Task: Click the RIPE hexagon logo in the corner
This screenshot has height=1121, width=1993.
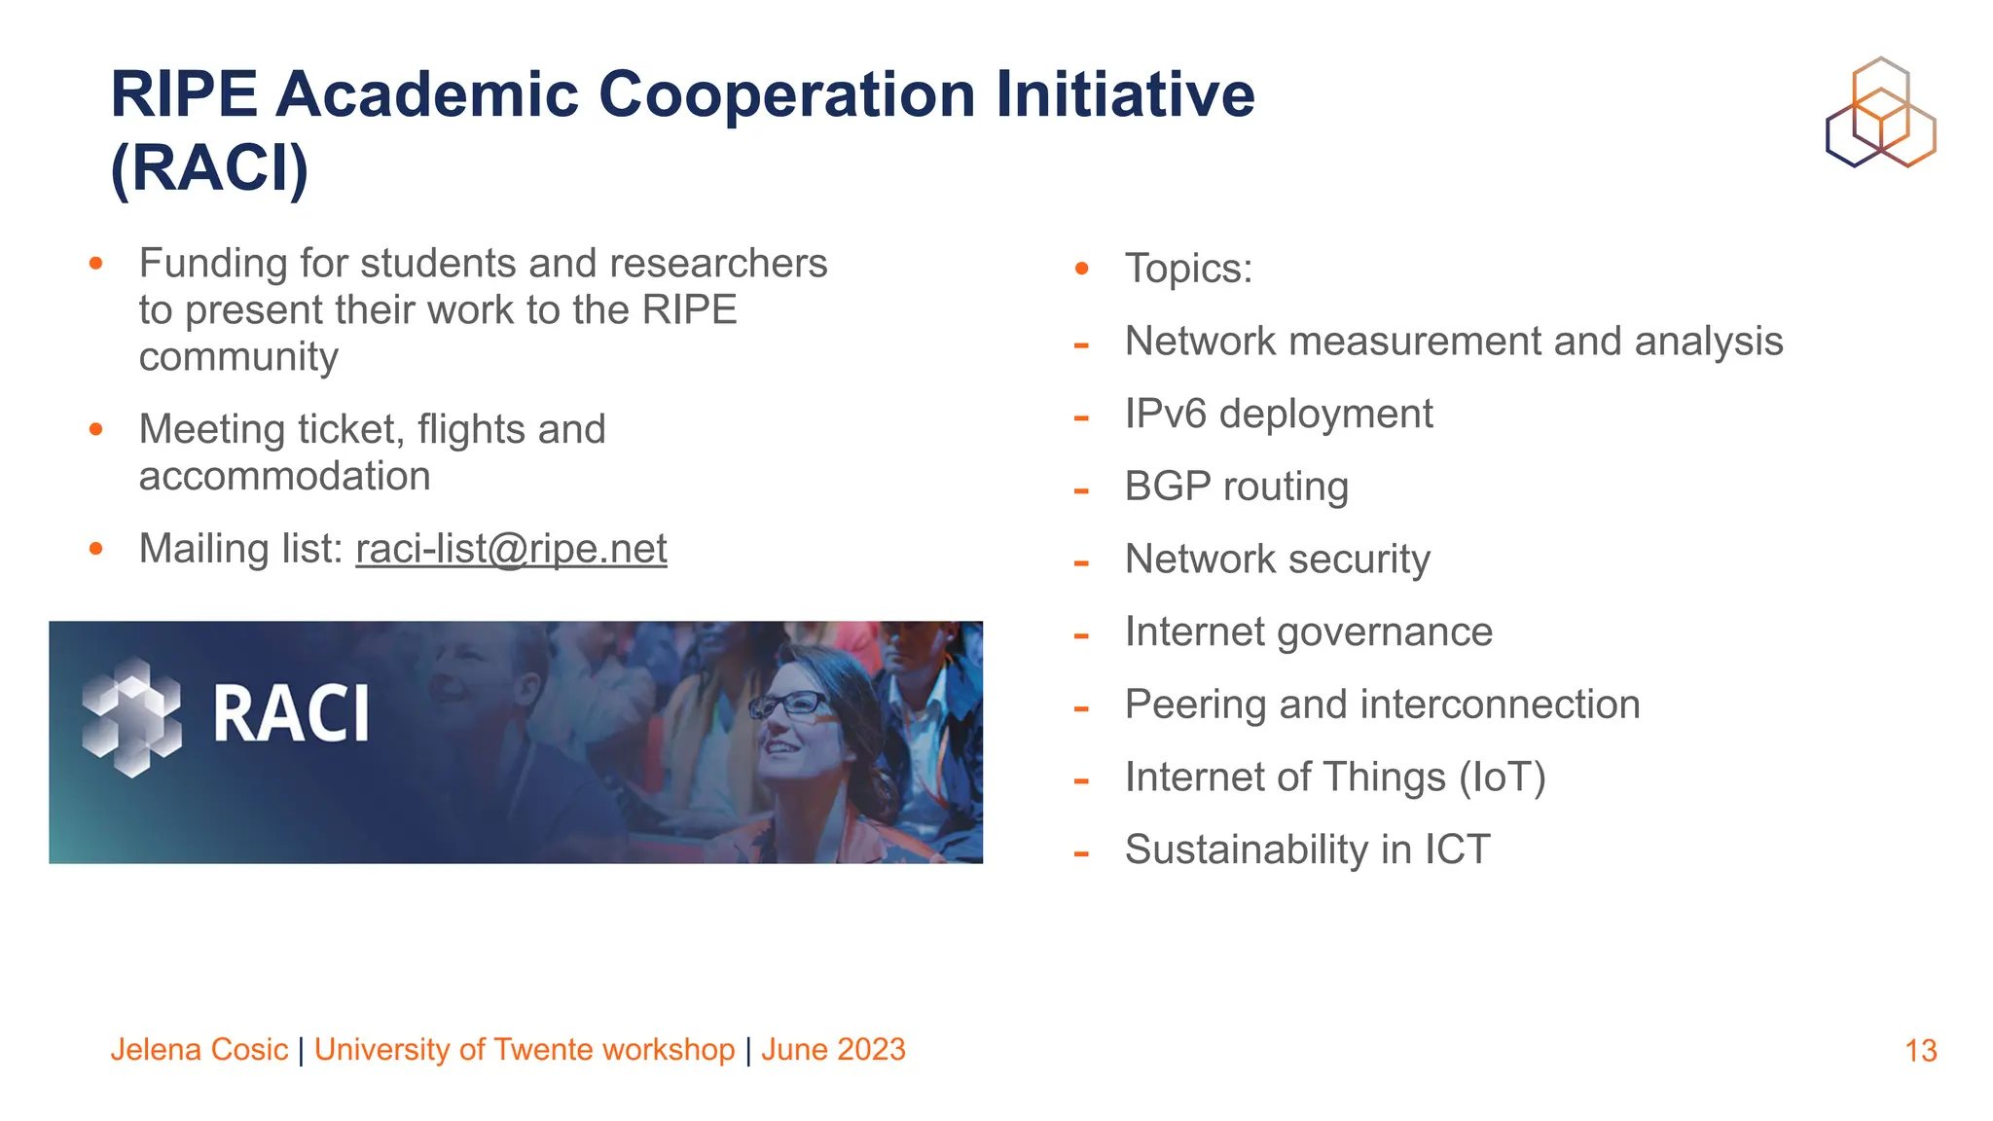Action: pos(1880,112)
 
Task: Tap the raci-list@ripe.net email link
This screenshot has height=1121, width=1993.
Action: pos(511,549)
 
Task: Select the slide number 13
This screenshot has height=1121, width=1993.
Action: pos(1920,1051)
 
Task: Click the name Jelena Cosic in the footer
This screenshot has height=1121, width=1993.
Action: pos(199,1049)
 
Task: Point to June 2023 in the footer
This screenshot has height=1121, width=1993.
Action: pos(833,1049)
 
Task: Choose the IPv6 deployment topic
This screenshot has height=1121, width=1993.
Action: pos(1278,414)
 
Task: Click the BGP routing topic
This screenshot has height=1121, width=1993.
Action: pos(1236,487)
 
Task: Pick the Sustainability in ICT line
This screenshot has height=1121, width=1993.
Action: pos(1307,850)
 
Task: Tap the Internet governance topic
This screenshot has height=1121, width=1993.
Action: pos(1308,632)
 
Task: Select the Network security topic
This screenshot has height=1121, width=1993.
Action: pos(1277,560)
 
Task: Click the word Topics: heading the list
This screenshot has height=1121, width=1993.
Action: pos(1188,269)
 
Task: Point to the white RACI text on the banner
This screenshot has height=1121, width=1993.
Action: pos(291,714)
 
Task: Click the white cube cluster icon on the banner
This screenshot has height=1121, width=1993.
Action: pos(131,717)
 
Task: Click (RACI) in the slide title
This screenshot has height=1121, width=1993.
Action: pos(209,168)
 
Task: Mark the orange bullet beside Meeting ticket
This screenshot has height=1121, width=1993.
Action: pos(95,429)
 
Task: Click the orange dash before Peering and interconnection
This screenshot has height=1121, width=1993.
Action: pos(1080,708)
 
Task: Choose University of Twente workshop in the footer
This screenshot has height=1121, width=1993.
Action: pos(524,1049)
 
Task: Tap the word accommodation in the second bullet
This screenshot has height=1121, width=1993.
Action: pos(284,477)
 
